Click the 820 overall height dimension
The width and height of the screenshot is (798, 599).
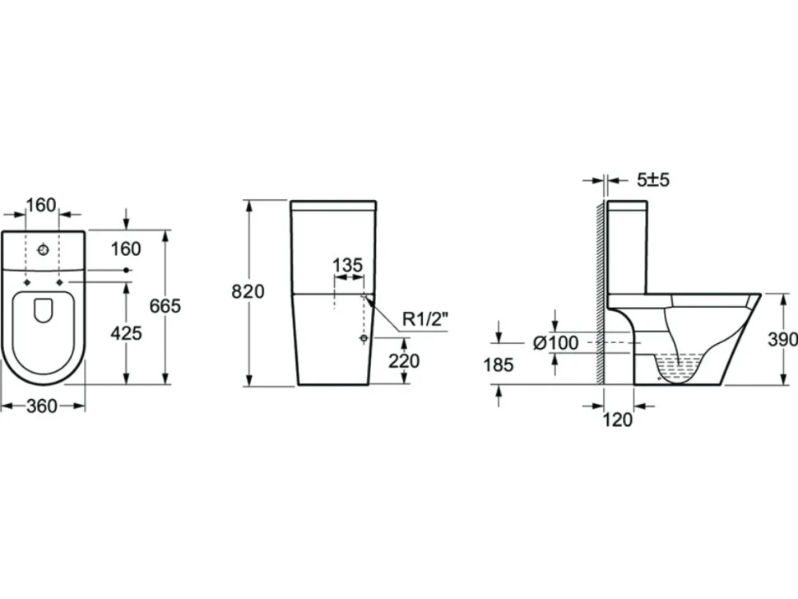(x=248, y=291)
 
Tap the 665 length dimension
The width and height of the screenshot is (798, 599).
(x=165, y=306)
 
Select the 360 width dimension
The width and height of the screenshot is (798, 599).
(x=42, y=406)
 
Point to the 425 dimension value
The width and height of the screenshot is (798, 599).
(x=126, y=333)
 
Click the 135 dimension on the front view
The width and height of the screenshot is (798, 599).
(x=348, y=265)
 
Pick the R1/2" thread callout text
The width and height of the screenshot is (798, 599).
(x=426, y=319)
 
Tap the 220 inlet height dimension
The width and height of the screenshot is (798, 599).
(x=404, y=361)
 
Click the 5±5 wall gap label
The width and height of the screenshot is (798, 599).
(x=653, y=179)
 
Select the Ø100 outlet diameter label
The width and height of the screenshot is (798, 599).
(x=556, y=343)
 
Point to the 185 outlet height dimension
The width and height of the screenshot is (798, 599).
(x=499, y=365)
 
